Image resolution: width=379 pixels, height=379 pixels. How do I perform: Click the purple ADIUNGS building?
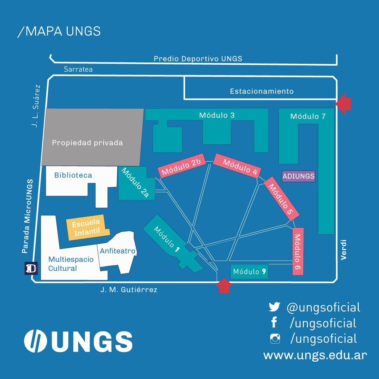point(298,176)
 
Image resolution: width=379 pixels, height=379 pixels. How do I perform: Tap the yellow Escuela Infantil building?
point(87,227)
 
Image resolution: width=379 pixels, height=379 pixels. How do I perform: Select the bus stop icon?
point(31,268)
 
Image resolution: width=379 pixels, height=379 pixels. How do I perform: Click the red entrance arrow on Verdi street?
point(343,104)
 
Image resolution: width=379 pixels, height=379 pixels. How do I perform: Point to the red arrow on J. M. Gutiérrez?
point(224,286)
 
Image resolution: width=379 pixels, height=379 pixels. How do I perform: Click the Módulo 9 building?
point(249,272)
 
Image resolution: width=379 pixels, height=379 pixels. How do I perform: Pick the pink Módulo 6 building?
point(298,251)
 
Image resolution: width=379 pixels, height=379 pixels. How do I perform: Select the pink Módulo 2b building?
point(182,166)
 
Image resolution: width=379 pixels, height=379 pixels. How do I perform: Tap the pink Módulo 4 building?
point(237,166)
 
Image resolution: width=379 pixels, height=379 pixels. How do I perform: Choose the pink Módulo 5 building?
point(281,199)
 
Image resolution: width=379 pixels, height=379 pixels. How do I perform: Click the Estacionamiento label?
point(262,91)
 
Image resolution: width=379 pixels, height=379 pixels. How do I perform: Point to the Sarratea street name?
point(78,69)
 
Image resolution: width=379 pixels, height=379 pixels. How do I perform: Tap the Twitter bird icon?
point(274,307)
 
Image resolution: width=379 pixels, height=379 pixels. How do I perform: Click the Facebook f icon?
point(274,322)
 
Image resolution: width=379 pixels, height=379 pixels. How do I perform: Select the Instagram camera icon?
point(275,339)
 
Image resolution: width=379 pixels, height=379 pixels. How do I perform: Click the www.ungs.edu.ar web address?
point(315,355)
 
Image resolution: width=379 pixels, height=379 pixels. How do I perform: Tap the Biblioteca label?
point(73,175)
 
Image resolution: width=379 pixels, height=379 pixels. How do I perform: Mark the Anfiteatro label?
point(117,251)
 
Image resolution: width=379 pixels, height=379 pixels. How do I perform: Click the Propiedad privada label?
point(87,143)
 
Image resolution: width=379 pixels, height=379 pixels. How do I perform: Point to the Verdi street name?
point(343,250)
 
